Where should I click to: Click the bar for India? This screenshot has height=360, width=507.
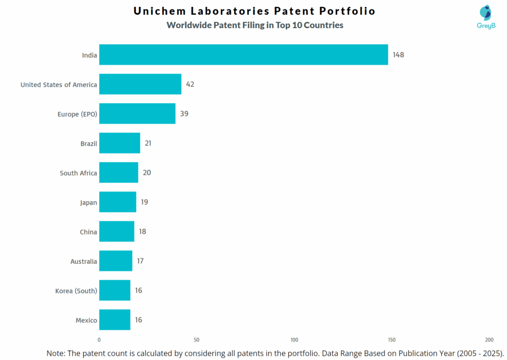pos(243,54)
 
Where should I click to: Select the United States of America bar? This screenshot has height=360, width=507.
pos(140,84)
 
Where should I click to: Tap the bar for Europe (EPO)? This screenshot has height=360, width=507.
pos(137,114)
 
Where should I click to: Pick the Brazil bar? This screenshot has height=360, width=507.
pos(119,143)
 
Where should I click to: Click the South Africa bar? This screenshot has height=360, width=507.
pos(118,173)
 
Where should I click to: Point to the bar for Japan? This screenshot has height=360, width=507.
pos(117,202)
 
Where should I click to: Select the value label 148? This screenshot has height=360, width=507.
pos(398,54)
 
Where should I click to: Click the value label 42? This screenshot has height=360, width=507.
pos(190,84)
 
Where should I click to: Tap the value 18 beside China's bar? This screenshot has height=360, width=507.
pos(143,231)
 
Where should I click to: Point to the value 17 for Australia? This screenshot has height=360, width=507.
pos(140,261)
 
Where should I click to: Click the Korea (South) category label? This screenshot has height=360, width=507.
pos(76,291)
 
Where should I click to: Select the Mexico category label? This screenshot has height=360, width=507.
pos(86,320)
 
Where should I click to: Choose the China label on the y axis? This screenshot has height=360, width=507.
pos(89,232)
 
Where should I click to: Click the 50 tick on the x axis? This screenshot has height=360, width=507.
pos(197,340)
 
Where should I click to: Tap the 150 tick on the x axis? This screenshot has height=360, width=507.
pos(392,340)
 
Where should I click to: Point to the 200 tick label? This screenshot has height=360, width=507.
pos(489,340)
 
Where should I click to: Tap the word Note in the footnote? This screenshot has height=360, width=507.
pos(56,353)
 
